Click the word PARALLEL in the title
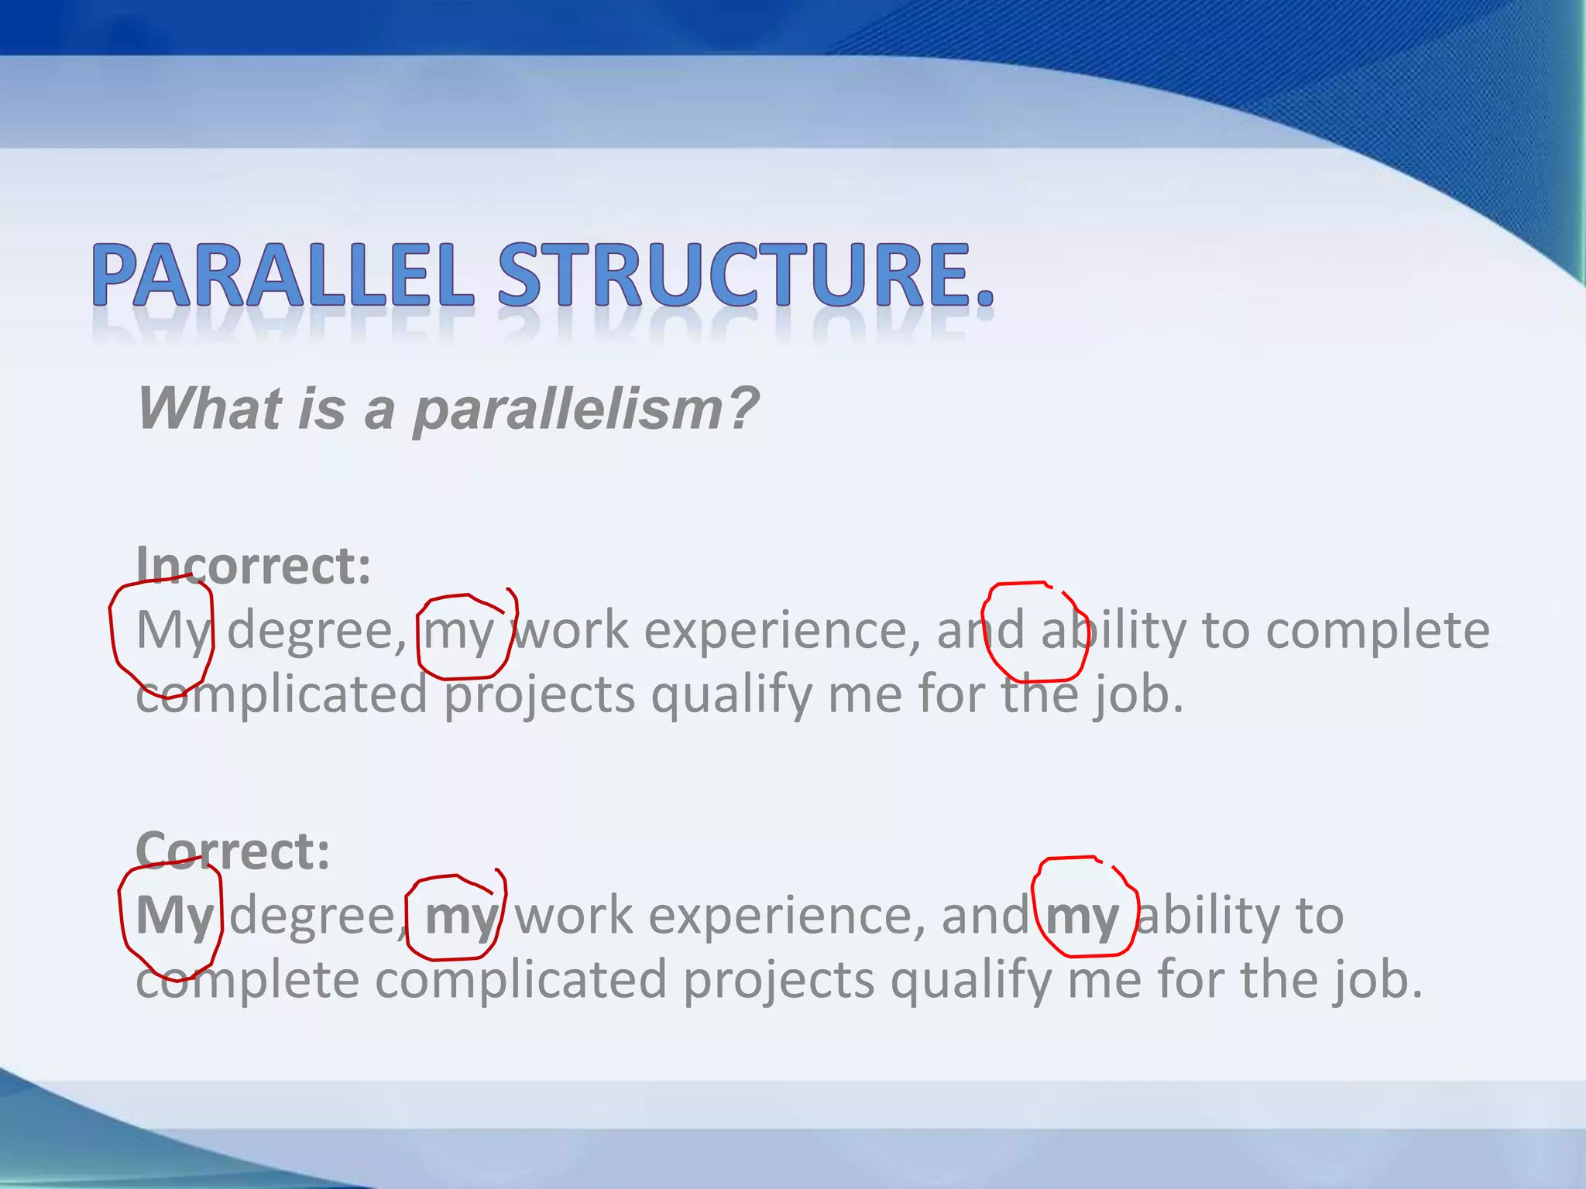283,276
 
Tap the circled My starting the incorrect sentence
172,632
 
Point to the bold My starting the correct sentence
173,917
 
